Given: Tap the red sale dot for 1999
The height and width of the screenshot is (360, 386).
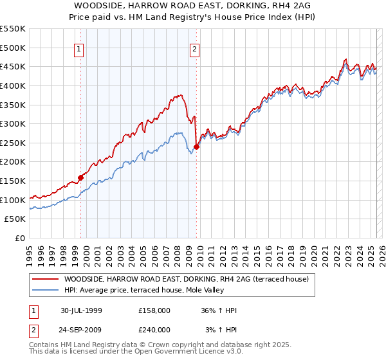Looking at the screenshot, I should (x=81, y=177).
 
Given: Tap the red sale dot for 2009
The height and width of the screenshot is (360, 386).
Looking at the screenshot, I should (x=196, y=147).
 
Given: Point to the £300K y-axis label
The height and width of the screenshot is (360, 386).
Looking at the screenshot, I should (x=14, y=123).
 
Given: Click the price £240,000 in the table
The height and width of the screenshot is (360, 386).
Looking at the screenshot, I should (x=154, y=329).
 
